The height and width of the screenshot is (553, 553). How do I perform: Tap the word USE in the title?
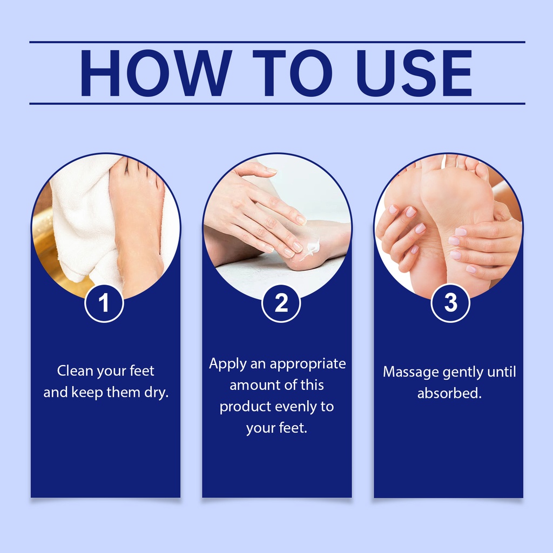coord(414,73)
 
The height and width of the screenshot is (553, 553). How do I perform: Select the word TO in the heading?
coord(292,73)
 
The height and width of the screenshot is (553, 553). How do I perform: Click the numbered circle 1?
coord(104,304)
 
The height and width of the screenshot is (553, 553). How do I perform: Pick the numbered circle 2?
coord(281,304)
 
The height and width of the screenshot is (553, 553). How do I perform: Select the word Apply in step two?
coord(227,365)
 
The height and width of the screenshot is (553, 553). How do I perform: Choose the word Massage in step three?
coord(410,372)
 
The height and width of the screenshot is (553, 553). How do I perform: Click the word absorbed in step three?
coord(449,393)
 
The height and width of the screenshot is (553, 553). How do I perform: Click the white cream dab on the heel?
coord(313,246)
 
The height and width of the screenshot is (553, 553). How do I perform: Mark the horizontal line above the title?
coord(277,42)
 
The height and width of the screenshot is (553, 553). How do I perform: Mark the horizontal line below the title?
coord(277,104)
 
